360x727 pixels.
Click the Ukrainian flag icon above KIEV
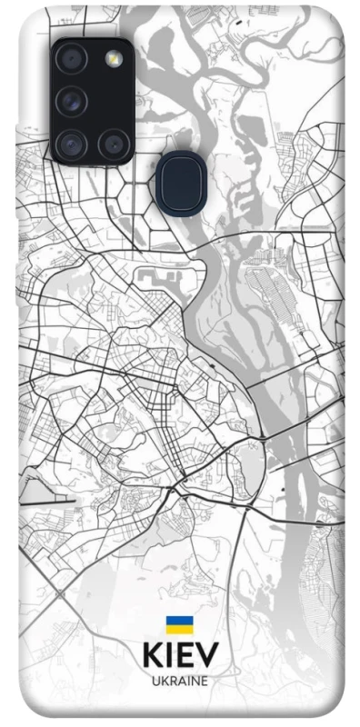(179, 624)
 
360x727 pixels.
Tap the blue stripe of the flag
(179, 621)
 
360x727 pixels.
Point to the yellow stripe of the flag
(179, 629)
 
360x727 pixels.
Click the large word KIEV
(179, 656)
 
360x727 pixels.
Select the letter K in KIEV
(152, 656)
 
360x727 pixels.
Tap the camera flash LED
(114, 59)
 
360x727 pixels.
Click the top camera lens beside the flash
(70, 59)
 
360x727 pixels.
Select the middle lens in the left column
(70, 100)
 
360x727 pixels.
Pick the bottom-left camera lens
(70, 142)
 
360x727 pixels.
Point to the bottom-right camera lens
(114, 142)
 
